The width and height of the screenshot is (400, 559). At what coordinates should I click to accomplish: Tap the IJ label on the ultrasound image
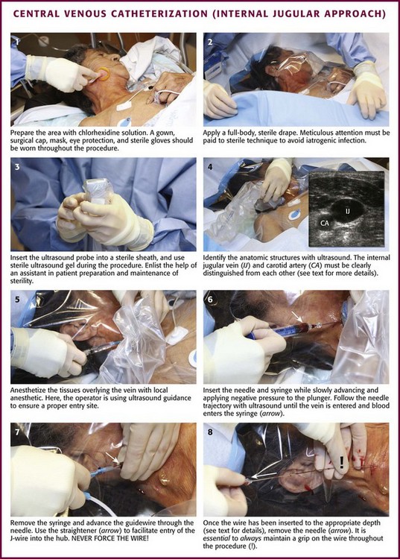coord(347,211)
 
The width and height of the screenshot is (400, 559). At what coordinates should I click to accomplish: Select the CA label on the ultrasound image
coord(325,223)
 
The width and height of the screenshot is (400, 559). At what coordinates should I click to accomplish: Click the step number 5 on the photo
coord(17,299)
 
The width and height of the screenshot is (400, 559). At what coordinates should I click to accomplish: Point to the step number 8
coord(210,432)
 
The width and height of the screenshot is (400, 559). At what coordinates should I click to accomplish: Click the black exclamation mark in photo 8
coord(342,462)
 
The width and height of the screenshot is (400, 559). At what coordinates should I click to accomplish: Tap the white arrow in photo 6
coord(296,317)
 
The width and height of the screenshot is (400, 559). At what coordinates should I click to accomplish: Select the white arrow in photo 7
coord(112,458)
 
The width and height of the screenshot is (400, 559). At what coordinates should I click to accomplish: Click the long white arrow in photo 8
coord(264,476)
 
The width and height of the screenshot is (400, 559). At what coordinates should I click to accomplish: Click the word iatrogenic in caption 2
coord(320,140)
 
